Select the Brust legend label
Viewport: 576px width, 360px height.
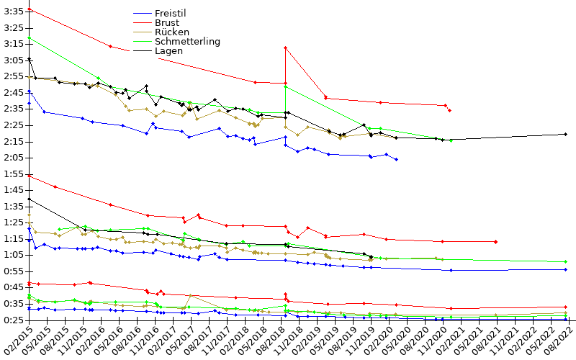pos(166,23)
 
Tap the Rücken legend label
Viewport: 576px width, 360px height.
pos(171,32)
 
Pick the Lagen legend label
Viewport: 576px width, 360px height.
pos(168,51)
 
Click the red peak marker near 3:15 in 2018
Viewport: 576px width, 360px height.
pos(286,48)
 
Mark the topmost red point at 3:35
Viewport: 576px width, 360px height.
pos(29,9)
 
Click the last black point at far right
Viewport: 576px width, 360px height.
pos(566,134)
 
